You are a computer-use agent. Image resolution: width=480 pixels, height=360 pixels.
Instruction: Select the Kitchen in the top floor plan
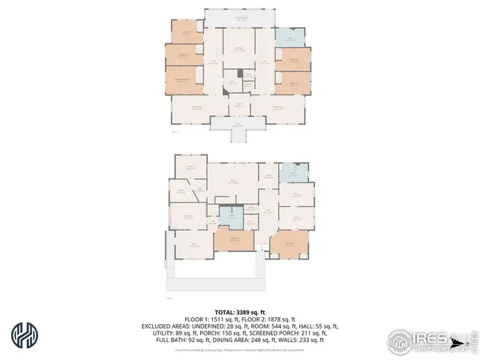click(x=239, y=49)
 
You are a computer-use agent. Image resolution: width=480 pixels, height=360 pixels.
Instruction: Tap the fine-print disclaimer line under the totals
click(x=239, y=349)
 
